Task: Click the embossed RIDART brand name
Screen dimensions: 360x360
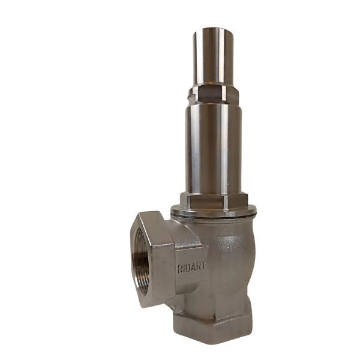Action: pos(192,268)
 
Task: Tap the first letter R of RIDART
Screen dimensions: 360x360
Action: pos(180,269)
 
